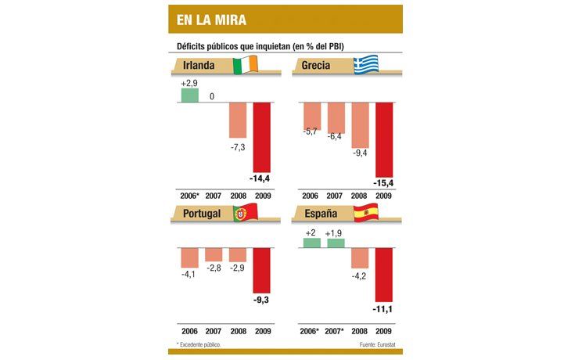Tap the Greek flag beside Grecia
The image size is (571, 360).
point(366,65)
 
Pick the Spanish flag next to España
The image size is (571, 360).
point(366,212)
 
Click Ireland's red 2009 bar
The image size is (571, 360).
point(262,138)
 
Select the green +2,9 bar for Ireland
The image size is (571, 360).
point(189,95)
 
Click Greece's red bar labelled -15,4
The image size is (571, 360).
point(383,140)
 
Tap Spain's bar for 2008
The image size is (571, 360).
point(360,258)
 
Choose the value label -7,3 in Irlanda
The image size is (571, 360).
point(238,147)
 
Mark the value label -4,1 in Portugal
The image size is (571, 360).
point(189,275)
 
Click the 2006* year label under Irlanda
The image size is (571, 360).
point(190,195)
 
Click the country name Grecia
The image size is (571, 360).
point(321,65)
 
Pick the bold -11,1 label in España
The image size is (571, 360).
point(383,311)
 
